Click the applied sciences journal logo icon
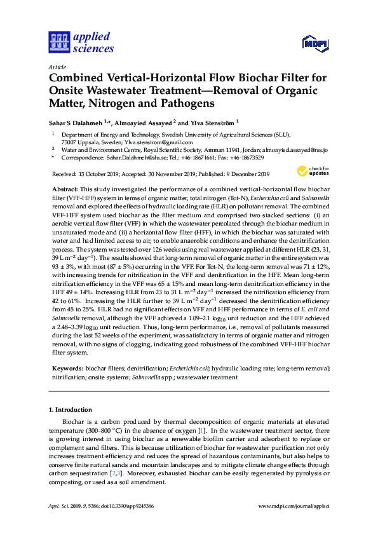coord(58,42)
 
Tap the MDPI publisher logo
coord(310,44)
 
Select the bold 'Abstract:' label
coord(63,190)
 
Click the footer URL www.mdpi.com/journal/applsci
coord(294,506)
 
